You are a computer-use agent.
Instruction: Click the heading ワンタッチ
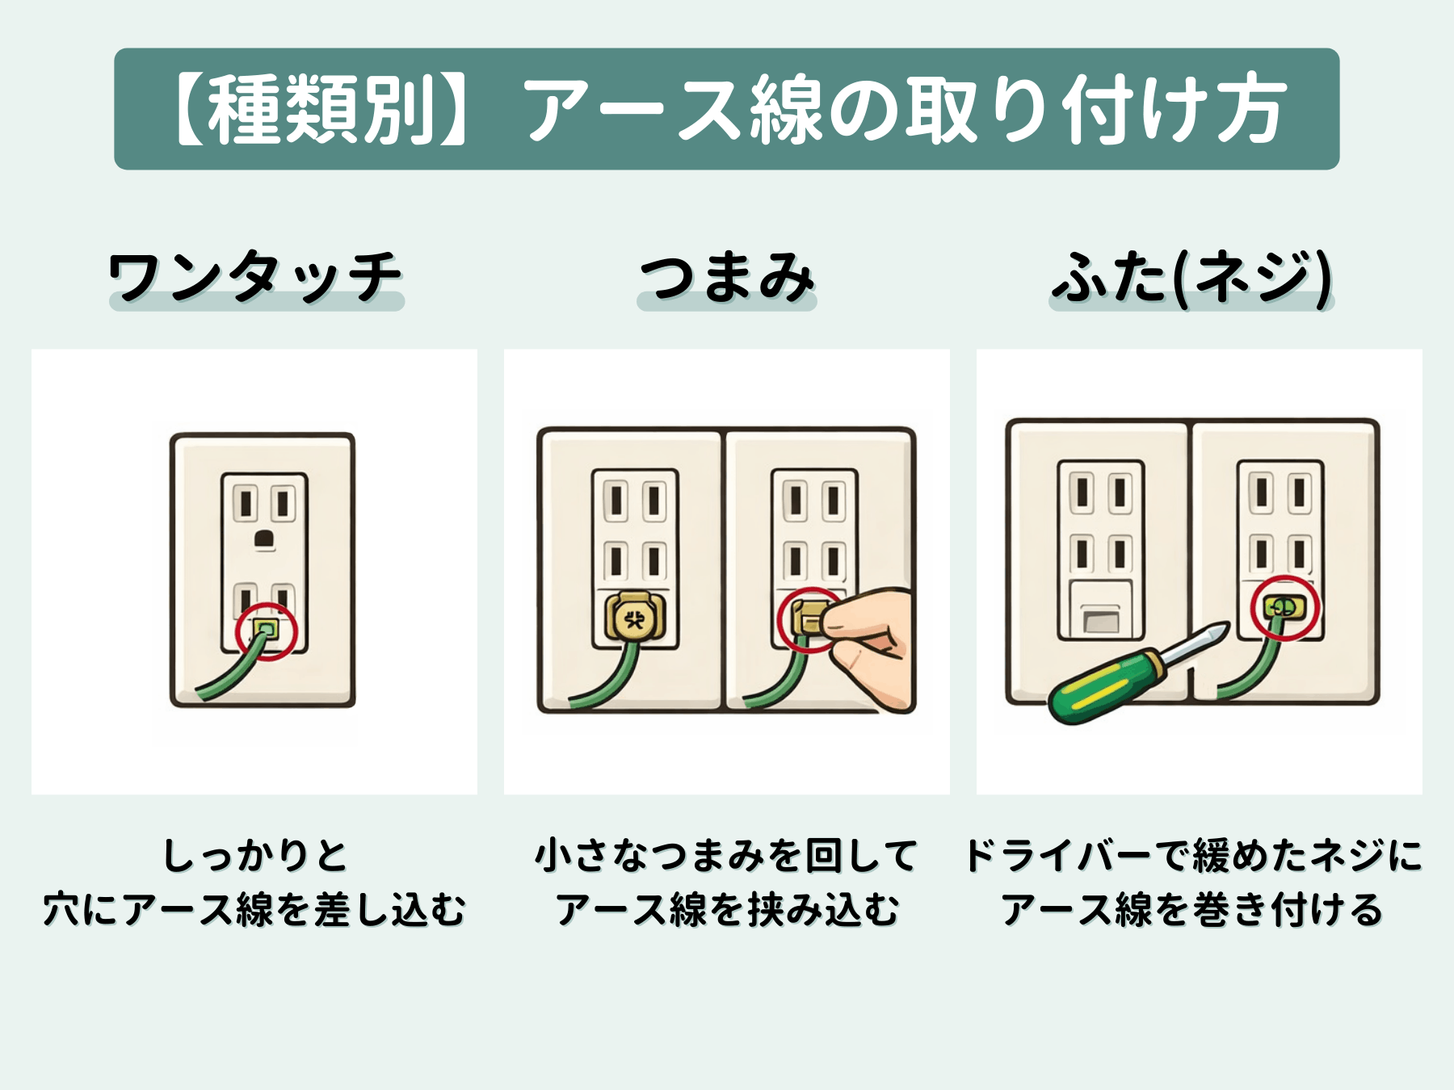pyautogui.click(x=255, y=277)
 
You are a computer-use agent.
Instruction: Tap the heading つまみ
pyautogui.click(x=727, y=277)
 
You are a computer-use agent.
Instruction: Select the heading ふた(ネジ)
pyautogui.click(x=1191, y=277)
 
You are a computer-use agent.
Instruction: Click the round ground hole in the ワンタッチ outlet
pyautogui.click(x=264, y=539)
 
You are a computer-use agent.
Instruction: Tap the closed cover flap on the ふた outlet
pyautogui.click(x=1101, y=620)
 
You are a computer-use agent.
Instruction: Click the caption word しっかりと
pyautogui.click(x=255, y=856)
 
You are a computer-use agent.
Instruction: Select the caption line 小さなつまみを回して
pyautogui.click(x=727, y=856)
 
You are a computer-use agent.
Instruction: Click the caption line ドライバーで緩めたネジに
pyautogui.click(x=1193, y=856)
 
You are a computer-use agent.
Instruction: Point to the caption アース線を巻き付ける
pyautogui.click(x=1193, y=910)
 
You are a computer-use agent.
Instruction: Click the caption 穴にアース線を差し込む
pyautogui.click(x=255, y=910)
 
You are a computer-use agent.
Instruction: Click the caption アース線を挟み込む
pyautogui.click(x=727, y=910)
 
